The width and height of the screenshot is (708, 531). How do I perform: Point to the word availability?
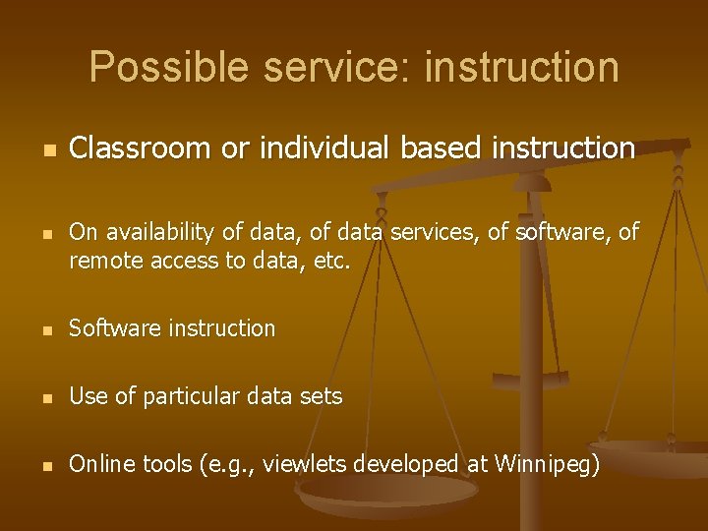(x=155, y=232)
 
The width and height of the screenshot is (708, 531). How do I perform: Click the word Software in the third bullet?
(x=110, y=328)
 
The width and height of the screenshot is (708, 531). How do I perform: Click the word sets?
(x=321, y=396)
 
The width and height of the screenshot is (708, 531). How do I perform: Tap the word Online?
(x=101, y=464)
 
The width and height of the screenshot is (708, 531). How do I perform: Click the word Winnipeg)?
(x=546, y=464)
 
